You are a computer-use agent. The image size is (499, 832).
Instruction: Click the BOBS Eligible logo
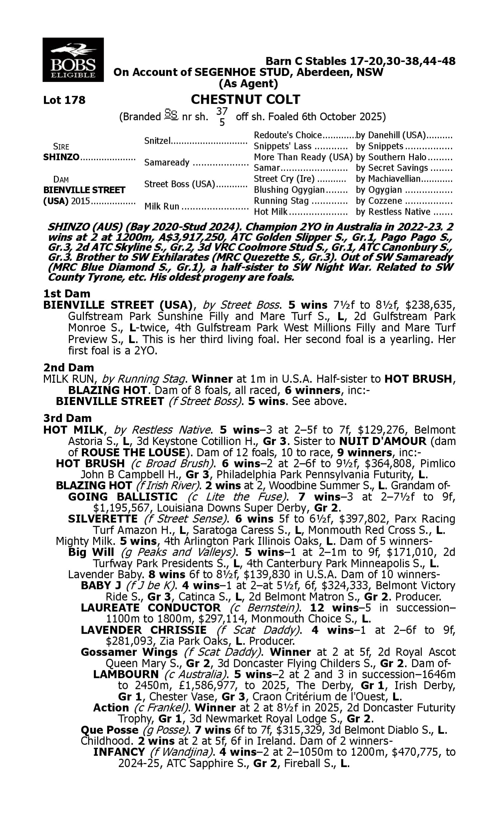click(73, 60)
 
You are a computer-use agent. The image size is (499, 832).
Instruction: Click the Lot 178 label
click(64, 100)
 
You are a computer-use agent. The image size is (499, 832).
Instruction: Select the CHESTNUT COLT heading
click(246, 100)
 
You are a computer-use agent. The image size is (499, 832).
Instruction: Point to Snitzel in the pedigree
click(158, 140)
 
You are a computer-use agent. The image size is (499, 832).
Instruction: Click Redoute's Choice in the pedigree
click(288, 135)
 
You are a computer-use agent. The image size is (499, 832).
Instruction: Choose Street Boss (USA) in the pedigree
click(179, 184)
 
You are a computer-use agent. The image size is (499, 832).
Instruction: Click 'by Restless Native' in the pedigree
click(393, 212)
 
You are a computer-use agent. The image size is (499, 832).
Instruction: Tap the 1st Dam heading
click(67, 294)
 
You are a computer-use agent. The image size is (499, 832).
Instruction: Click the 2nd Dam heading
click(69, 367)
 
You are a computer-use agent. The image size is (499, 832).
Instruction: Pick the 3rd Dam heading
click(67, 418)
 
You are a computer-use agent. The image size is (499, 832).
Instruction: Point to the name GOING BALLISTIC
click(123, 497)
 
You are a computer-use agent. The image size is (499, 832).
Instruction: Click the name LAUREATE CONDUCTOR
click(151, 608)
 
